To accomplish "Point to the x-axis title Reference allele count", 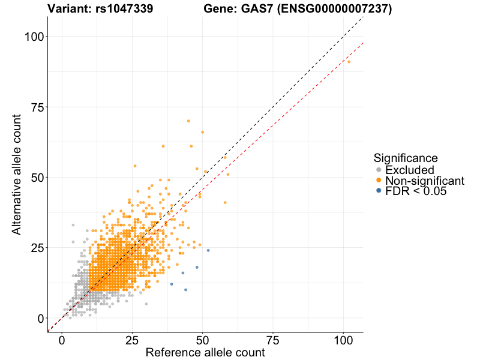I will pos(205,353).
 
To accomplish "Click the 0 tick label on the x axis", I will pos(62,340).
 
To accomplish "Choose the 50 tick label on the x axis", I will pos(203,340).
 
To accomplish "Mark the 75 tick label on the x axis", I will pos(273,340).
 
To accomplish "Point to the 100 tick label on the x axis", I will pos(343,340).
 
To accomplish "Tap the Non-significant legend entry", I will pos(424,181).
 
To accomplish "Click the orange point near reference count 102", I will pos(349,62).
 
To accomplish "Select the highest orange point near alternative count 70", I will pos(188,121).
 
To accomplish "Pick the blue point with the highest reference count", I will pos(208,250).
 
